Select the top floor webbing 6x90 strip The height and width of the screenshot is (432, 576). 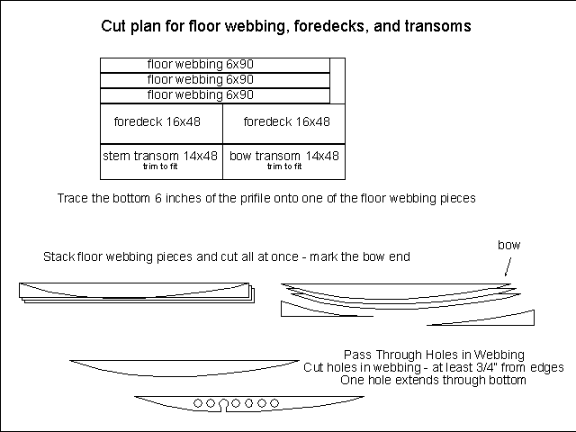coord(200,65)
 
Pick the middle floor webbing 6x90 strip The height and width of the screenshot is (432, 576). coord(200,80)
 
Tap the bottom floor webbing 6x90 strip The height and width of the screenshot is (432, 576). coord(200,94)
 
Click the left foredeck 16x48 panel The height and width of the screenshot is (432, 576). coord(161,122)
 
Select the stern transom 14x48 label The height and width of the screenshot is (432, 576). coord(160,156)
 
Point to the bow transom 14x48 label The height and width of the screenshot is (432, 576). coord(283,156)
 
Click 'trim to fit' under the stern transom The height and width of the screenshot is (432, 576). coord(160,166)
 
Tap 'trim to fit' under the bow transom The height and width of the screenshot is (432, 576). coord(283,166)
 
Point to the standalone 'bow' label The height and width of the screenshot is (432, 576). coord(509,245)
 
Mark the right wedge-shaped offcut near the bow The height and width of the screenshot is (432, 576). coord(513,318)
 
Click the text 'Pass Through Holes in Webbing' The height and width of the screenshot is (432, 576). coord(434,354)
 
